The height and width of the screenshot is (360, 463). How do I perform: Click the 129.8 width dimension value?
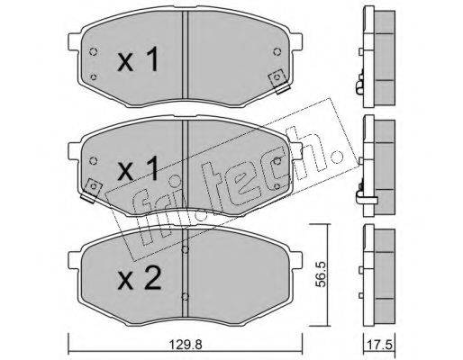tap(185, 345)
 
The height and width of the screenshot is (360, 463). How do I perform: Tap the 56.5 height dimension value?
tap(322, 275)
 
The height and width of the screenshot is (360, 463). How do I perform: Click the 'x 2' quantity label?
tap(139, 278)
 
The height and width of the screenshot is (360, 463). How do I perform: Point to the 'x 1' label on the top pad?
tap(138, 59)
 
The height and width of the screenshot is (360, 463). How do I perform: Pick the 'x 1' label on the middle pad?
tap(138, 169)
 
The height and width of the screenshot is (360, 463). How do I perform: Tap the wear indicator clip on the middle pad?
tap(93, 190)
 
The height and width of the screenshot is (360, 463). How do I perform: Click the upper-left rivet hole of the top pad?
tap(94, 52)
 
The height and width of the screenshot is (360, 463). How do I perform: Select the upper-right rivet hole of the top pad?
tap(277, 52)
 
